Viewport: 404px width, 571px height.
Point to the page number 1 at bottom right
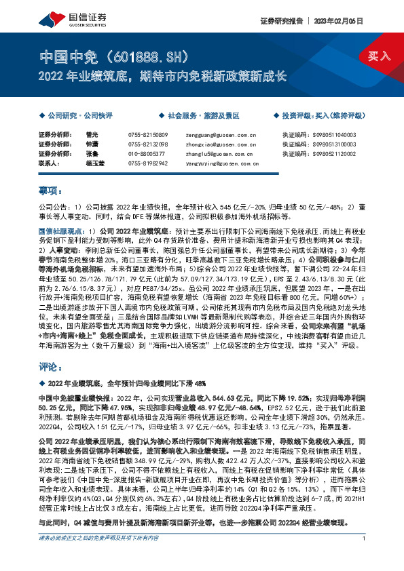[x=365, y=557]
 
